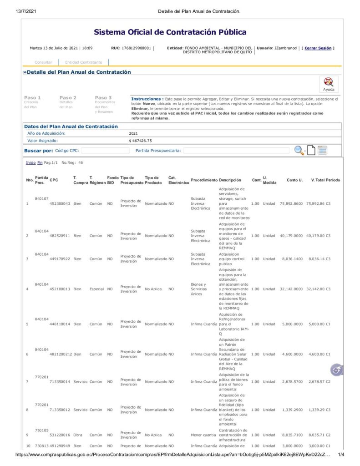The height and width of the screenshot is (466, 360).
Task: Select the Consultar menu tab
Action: click(x=43, y=62)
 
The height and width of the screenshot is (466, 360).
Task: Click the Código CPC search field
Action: click(x=105, y=150)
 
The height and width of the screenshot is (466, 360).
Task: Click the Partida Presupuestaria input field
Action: click(x=236, y=150)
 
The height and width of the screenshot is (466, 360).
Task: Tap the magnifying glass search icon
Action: click(x=299, y=150)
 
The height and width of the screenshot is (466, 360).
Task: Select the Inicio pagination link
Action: click(x=30, y=162)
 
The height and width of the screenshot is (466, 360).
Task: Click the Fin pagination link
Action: click(x=40, y=162)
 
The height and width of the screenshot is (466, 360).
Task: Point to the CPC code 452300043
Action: click(x=60, y=203)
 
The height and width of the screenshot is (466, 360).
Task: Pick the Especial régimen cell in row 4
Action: click(x=96, y=289)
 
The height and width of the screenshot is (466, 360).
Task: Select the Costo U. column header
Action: click(x=294, y=180)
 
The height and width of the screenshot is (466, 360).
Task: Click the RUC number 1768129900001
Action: click(x=136, y=48)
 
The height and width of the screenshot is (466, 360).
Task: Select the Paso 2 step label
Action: click(x=68, y=97)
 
